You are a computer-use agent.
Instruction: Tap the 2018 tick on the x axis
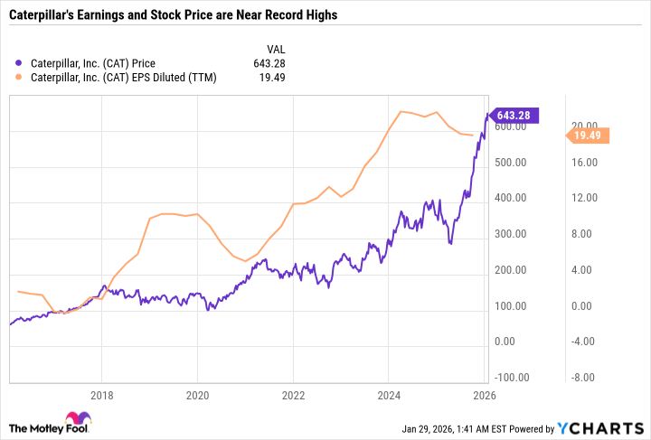tap(102, 395)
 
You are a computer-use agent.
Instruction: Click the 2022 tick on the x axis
tap(293, 395)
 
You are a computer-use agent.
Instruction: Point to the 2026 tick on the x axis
tap(484, 395)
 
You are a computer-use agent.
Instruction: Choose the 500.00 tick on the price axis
tap(512, 163)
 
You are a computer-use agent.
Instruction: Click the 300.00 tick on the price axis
tap(512, 234)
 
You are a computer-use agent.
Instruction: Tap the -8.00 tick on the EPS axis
tap(583, 378)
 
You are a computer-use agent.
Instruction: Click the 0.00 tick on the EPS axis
tap(583, 306)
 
